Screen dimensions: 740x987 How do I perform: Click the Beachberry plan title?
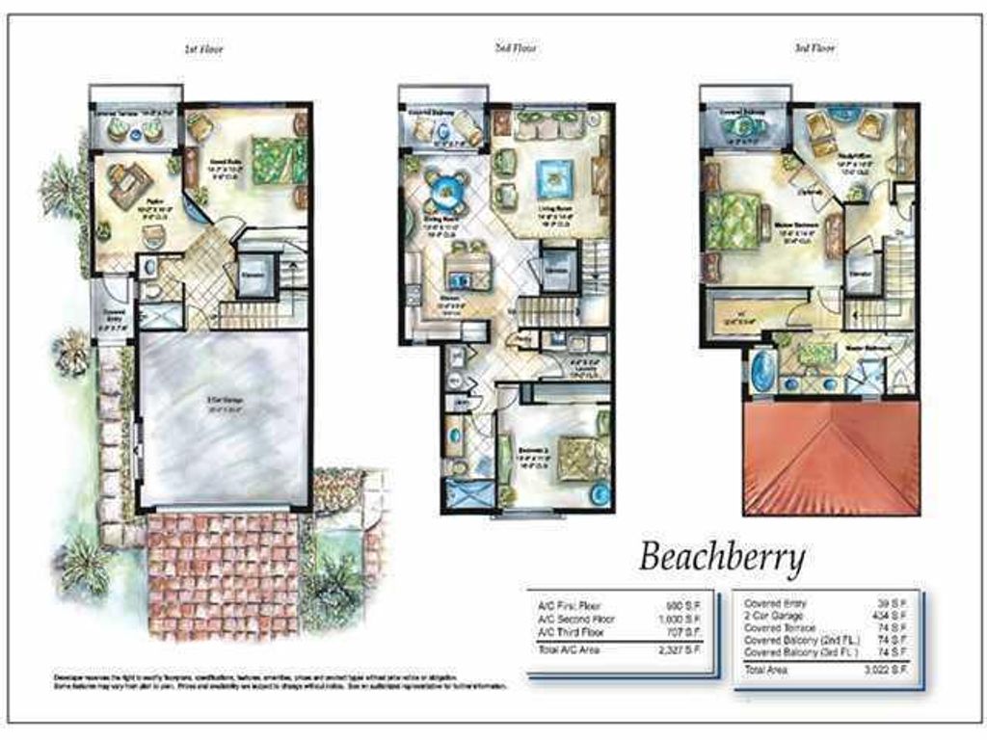click(723, 556)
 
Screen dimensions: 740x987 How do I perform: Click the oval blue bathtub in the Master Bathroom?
click(762, 372)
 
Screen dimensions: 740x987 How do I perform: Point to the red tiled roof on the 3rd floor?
click(830, 458)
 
